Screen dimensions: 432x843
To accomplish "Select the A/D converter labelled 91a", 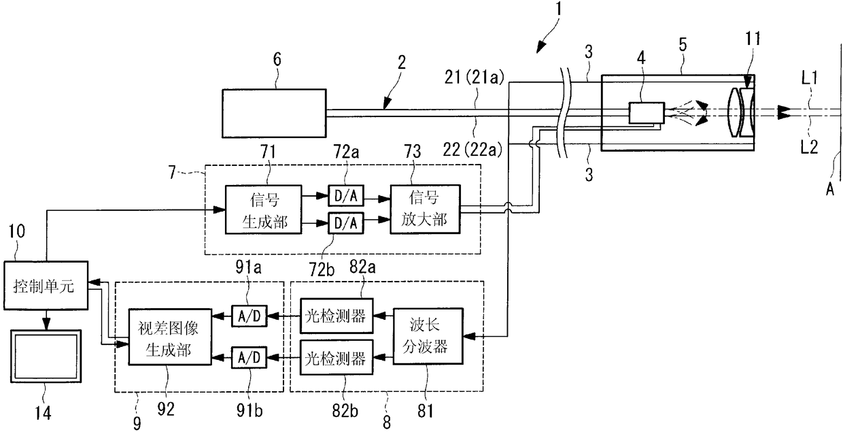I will pos(249,314).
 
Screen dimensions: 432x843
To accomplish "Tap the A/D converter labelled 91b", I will pos(249,356).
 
